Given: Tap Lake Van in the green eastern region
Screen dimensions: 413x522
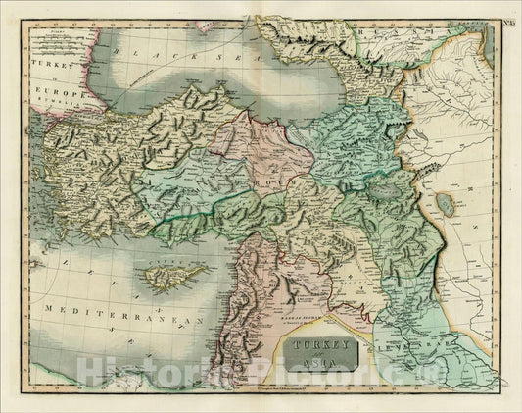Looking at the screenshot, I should coord(395,195).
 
